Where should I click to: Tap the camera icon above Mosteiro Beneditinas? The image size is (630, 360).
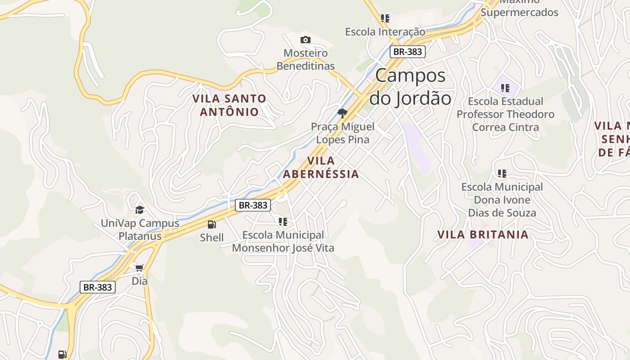tap(306, 40)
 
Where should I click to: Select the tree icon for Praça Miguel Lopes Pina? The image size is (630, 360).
tap(342, 113)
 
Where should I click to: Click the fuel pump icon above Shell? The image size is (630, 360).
tap(211, 224)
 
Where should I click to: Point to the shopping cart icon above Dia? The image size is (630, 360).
tap(139, 268)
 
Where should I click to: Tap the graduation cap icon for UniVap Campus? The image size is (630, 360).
tap(139, 210)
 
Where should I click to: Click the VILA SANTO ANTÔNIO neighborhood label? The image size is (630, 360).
tap(229, 105)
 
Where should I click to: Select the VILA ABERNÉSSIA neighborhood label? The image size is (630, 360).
tap(321, 167)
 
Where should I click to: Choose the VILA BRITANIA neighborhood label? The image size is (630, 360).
tap(483, 234)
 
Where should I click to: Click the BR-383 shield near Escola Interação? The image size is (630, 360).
tap(407, 51)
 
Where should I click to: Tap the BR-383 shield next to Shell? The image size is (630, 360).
tap(253, 205)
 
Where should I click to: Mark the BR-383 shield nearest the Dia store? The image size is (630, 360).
tap(98, 287)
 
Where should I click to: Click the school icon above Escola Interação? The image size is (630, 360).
tap(385, 18)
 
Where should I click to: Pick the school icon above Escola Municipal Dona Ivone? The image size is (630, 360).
tap(502, 173)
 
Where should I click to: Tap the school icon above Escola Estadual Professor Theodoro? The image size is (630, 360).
tap(505, 88)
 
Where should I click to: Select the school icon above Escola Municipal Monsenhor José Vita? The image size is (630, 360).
tap(283, 221)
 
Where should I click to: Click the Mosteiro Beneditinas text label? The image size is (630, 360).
tap(306, 59)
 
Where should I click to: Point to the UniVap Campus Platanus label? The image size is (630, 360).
tap(139, 229)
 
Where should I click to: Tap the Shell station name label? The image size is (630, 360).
tap(211, 238)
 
